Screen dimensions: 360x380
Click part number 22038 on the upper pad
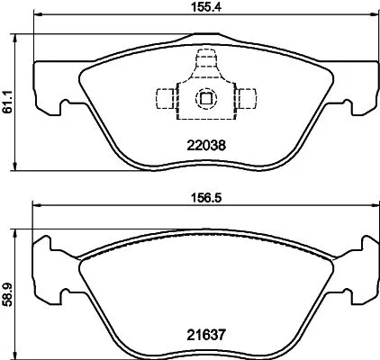(205, 142)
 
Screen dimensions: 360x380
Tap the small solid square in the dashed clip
(205, 100)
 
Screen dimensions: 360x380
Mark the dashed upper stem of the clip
(205, 63)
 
